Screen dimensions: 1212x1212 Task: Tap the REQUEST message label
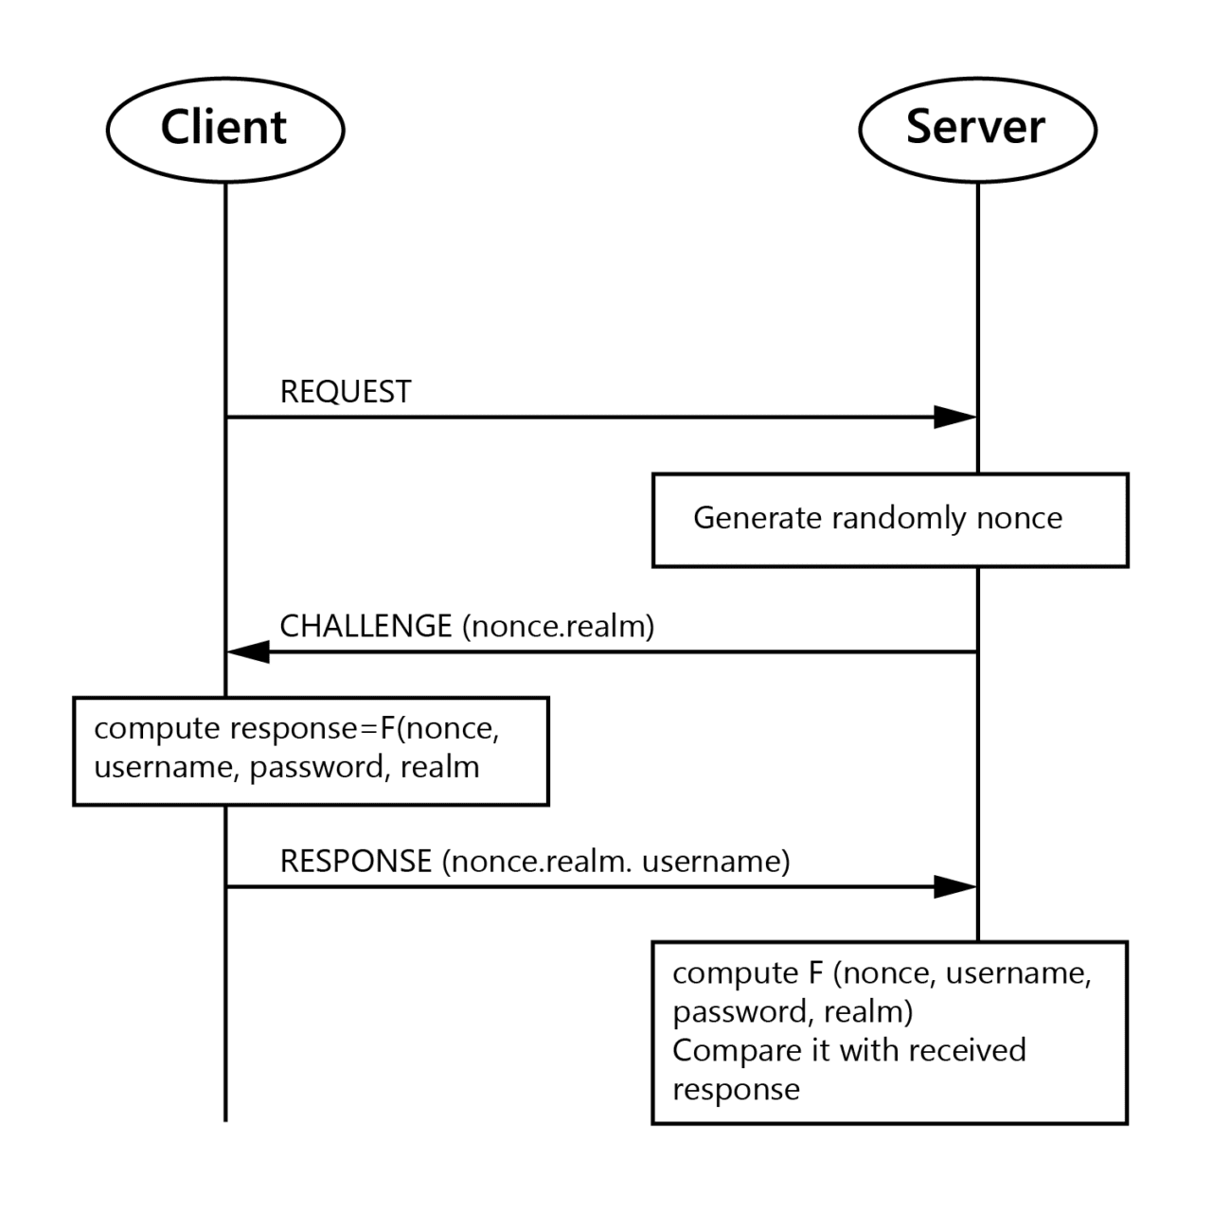click(x=346, y=391)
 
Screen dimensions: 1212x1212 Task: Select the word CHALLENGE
click(x=365, y=626)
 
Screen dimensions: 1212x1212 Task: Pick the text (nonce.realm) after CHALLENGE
click(x=559, y=627)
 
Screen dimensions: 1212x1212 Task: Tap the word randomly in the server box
click(x=899, y=519)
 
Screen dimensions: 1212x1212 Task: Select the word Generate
click(x=757, y=518)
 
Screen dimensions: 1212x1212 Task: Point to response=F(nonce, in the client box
click(x=365, y=729)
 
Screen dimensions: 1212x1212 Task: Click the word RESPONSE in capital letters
click(x=356, y=861)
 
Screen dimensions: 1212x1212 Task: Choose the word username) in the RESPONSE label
click(x=716, y=861)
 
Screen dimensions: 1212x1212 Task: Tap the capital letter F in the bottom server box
click(x=816, y=973)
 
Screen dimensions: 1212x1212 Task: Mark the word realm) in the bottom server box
click(x=868, y=1011)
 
